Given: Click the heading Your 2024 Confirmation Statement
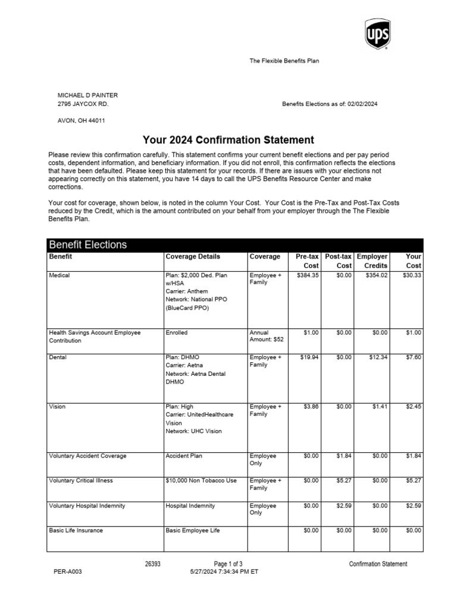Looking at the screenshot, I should tap(228, 140).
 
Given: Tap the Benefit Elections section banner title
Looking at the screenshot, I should tap(87, 245).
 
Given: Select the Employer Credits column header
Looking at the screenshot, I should tap(372, 261).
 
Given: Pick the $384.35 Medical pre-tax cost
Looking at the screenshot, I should tap(308, 275).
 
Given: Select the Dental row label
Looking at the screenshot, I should tap(58, 357).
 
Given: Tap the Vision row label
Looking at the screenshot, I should tap(57, 407).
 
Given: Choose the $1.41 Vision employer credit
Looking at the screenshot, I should tap(380, 407).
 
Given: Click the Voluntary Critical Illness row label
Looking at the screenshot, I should tap(80, 481).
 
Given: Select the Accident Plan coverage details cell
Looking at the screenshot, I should tap(184, 456).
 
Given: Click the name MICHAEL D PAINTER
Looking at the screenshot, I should tap(87, 95).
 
